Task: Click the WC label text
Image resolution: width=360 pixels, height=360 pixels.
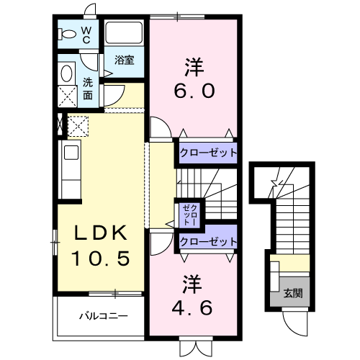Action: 85,35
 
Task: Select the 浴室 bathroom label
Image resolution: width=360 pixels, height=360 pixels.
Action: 124,60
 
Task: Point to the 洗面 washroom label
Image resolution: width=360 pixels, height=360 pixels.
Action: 87,88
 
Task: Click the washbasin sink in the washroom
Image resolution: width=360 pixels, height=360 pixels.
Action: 67,74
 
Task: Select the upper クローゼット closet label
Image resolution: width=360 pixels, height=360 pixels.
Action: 208,153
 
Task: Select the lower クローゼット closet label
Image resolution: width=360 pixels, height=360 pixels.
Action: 208,242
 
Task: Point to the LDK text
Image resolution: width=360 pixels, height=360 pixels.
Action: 102,233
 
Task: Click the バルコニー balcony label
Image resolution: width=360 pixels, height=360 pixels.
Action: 103,315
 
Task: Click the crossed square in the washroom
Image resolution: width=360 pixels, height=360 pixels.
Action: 68,96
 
